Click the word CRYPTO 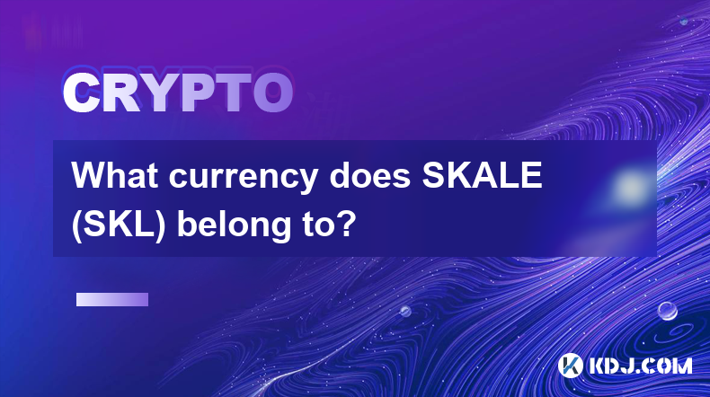click(178, 93)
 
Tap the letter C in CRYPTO click(82, 93)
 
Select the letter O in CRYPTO click(272, 93)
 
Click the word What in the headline click(115, 175)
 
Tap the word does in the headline click(370, 175)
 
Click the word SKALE click(483, 175)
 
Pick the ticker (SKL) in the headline click(118, 225)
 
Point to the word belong click(233, 225)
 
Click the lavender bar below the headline click(112, 300)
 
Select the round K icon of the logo click(570, 366)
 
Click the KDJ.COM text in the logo click(640, 366)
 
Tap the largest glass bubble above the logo click(667, 311)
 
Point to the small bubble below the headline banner click(405, 311)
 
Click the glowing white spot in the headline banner click(630, 186)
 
